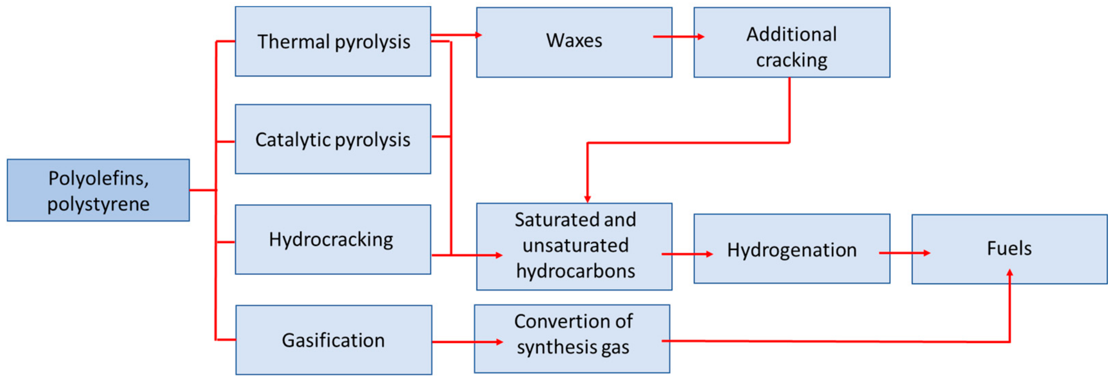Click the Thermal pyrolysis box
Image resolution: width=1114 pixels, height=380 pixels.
[x=333, y=41]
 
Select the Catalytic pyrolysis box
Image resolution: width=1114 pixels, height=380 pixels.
[x=333, y=139]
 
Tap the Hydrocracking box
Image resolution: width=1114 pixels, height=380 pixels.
[x=333, y=240]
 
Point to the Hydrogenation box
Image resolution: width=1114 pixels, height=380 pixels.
[x=791, y=249]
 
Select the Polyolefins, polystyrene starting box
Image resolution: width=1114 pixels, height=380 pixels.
[x=98, y=190]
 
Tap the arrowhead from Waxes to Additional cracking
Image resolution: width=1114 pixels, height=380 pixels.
[x=701, y=37]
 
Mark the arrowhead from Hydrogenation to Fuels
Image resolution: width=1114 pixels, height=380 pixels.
[x=926, y=253]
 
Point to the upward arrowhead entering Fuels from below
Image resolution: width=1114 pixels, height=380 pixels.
[x=1009, y=273]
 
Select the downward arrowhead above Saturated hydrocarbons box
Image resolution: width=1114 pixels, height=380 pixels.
[x=587, y=199]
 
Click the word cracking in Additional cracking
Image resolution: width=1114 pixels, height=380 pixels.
[x=791, y=60]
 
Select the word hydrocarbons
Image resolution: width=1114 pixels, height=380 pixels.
[x=575, y=271]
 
